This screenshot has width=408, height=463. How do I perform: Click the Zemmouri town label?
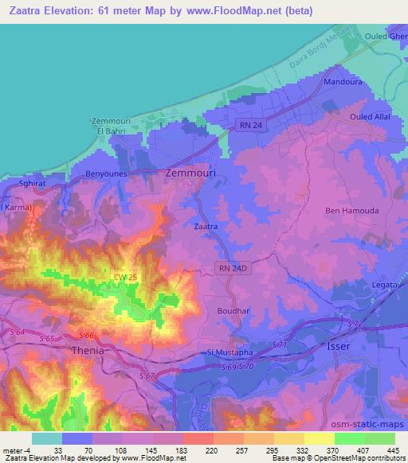[195, 171]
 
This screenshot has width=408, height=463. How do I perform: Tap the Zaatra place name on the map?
[206, 226]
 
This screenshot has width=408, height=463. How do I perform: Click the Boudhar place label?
[233, 311]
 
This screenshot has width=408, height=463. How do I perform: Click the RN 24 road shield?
[253, 125]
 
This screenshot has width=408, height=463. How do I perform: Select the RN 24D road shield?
[231, 269]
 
